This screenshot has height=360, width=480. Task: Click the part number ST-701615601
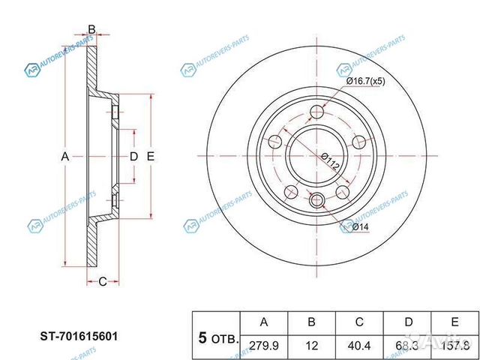tap(78, 337)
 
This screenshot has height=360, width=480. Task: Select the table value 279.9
tap(263, 344)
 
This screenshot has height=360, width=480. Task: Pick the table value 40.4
tap(359, 344)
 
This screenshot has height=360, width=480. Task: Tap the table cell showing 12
tap(311, 344)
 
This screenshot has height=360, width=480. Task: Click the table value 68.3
tap(407, 344)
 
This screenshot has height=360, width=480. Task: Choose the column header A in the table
tap(263, 322)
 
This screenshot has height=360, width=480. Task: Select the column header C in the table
tap(359, 322)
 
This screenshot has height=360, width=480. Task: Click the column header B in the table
tap(311, 322)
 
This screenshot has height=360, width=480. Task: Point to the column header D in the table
tap(407, 322)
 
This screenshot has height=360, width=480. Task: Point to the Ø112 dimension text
tap(331, 161)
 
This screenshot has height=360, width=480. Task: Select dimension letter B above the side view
tap(91, 30)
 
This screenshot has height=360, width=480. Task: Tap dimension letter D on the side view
tap(133, 156)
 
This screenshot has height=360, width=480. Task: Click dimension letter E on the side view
tap(150, 156)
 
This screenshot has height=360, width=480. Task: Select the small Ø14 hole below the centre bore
tap(316, 200)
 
